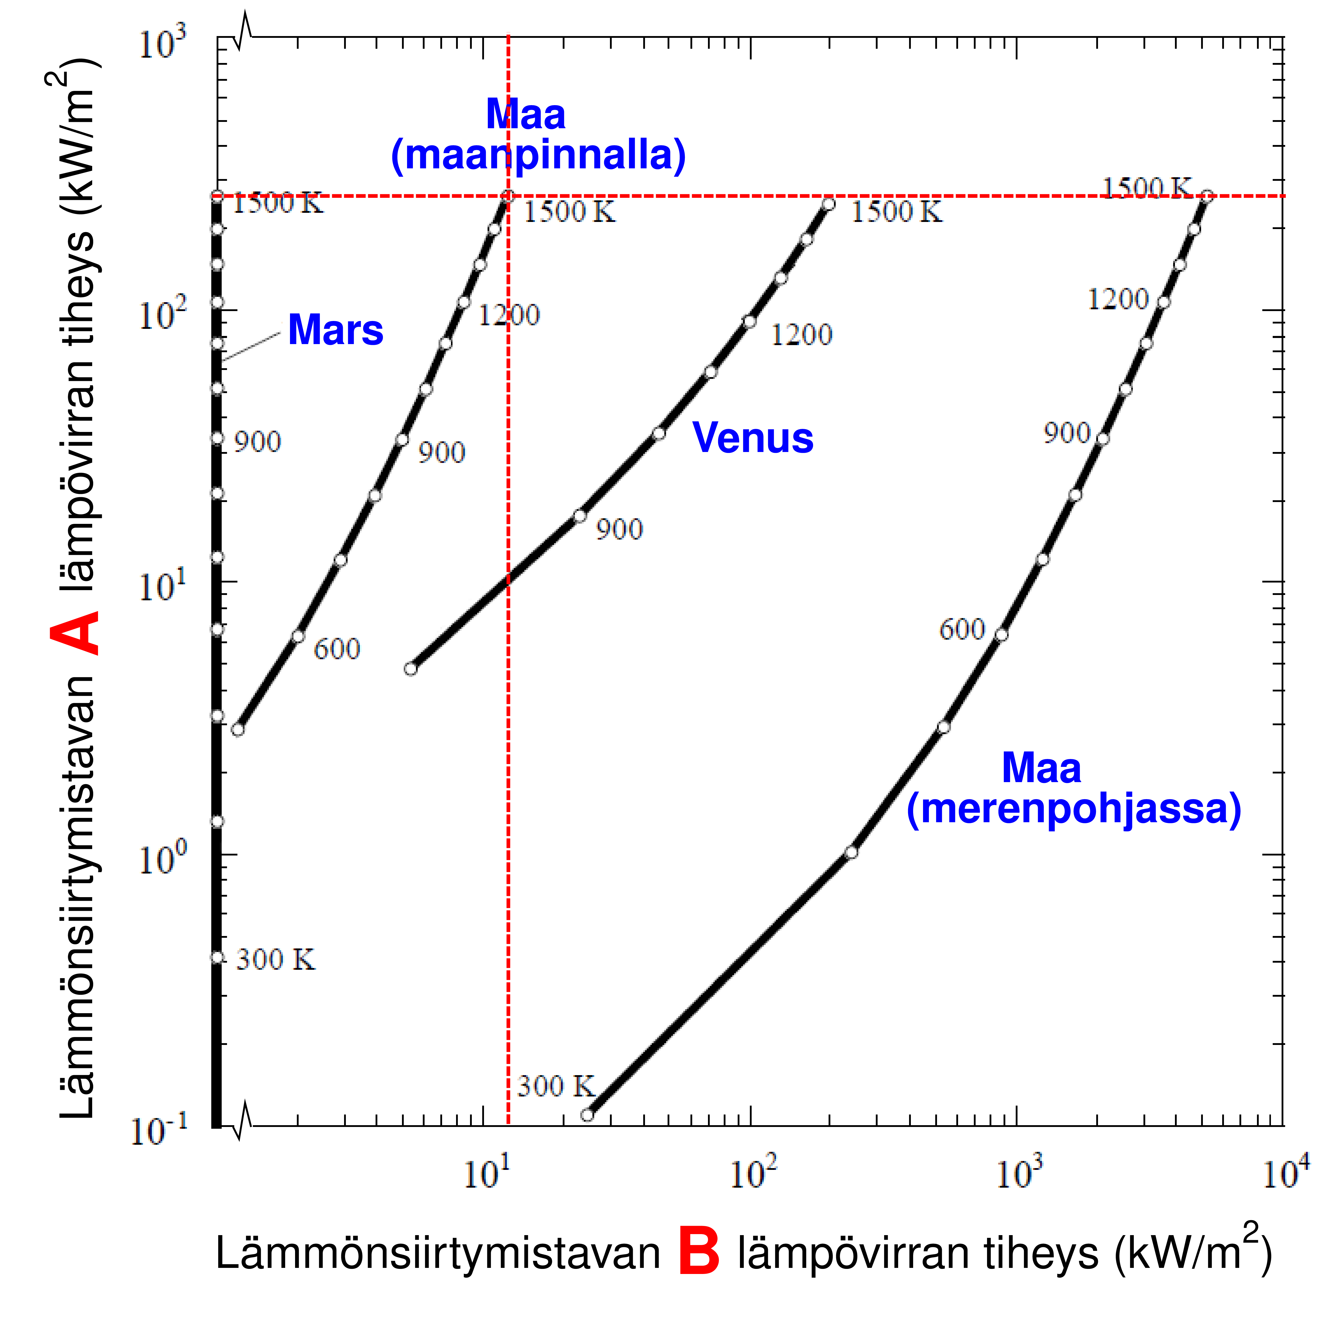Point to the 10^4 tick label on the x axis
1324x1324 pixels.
pos(1285,1172)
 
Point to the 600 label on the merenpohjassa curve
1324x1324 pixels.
pos(961,629)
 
